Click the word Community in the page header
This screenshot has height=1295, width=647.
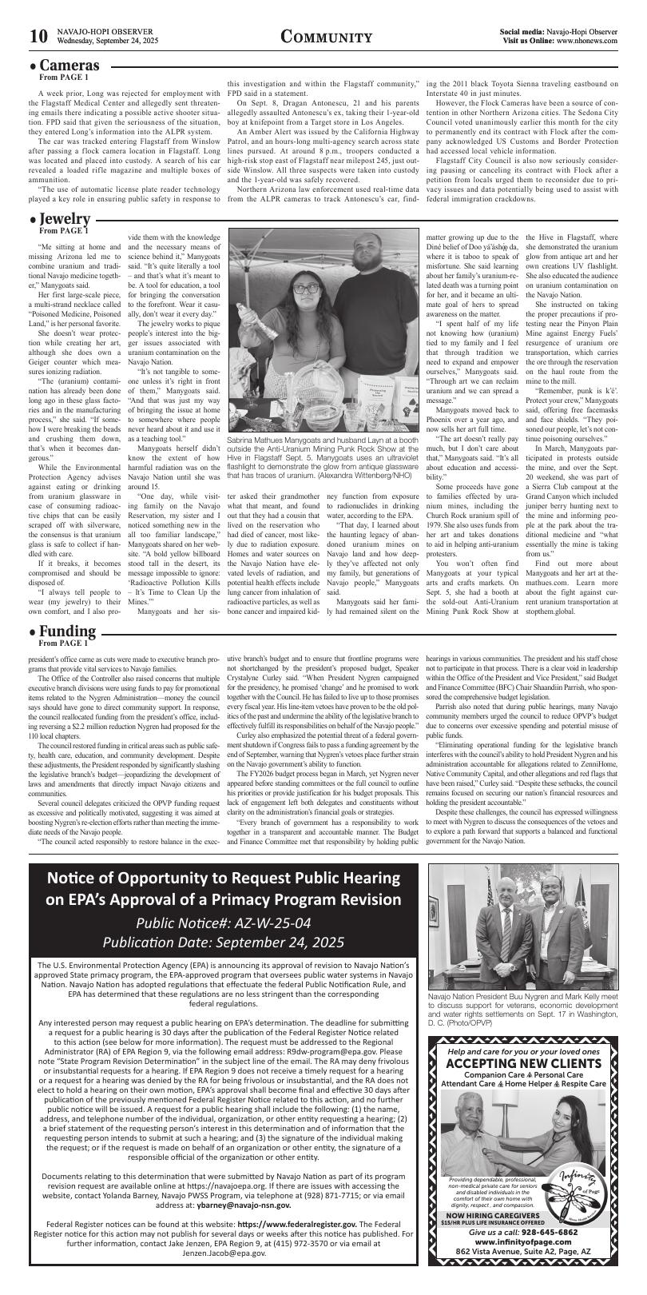327,38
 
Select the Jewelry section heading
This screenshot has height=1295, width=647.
65,219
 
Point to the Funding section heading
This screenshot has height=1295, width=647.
67,632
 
